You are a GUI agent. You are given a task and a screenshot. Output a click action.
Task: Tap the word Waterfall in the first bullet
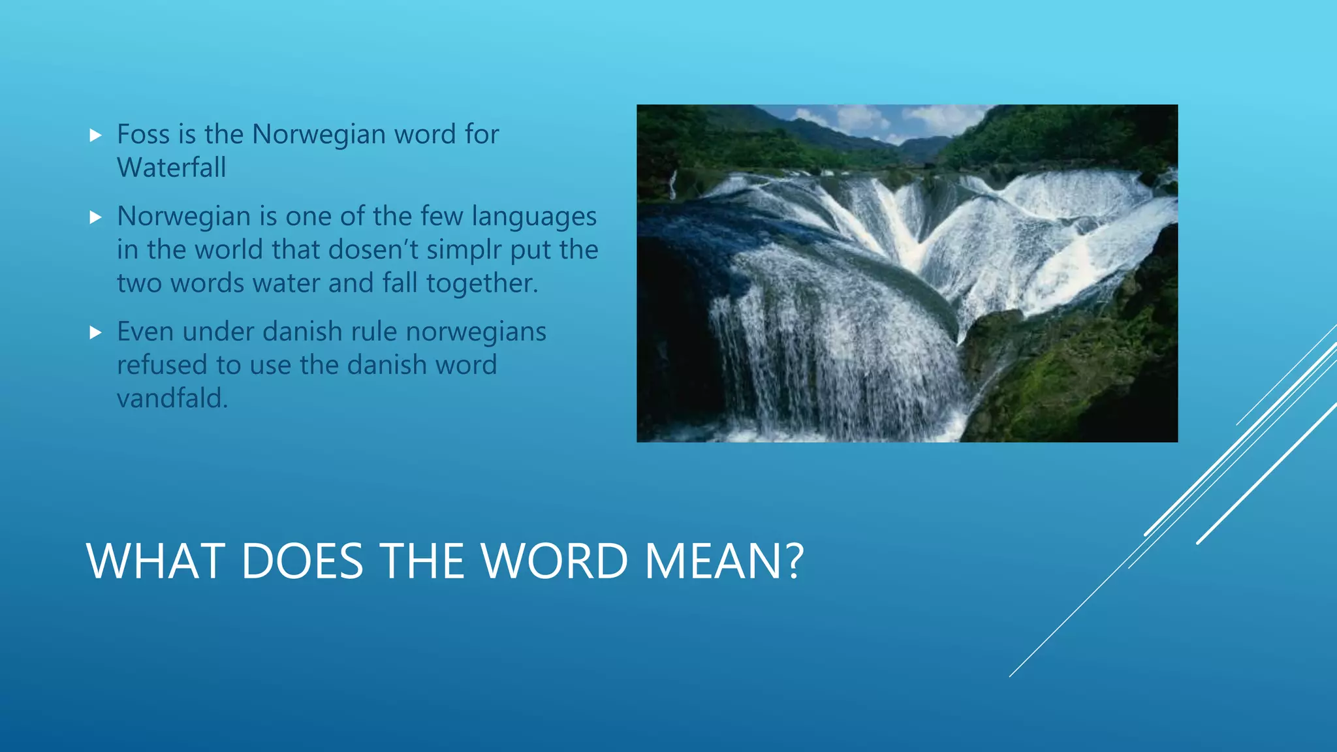tap(172, 168)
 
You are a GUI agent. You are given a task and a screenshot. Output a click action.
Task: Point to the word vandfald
tap(172, 398)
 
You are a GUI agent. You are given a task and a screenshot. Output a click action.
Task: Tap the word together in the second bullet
tap(482, 283)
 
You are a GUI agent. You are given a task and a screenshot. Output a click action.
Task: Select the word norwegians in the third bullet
tap(476, 332)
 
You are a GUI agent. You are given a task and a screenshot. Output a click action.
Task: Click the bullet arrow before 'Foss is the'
tap(96, 136)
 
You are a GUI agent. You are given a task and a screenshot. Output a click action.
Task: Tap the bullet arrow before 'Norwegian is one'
tap(96, 217)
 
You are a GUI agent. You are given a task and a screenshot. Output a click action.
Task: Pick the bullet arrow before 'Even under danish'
tap(96, 333)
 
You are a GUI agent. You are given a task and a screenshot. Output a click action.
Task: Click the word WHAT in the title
tap(156, 561)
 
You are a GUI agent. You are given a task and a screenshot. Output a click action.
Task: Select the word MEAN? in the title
tap(724, 561)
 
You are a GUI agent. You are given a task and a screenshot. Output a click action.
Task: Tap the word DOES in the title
tap(302, 561)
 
